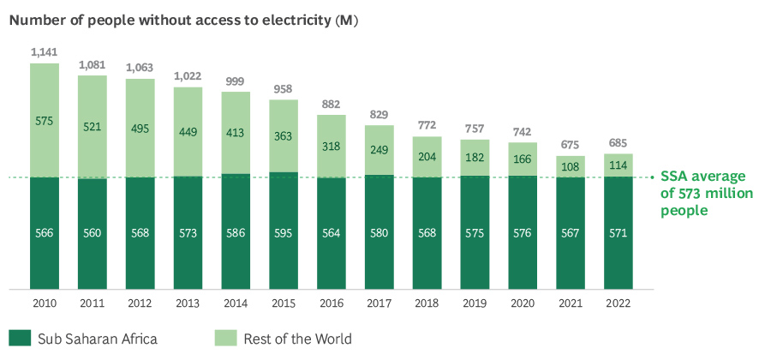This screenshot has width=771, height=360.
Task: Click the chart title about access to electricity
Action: (x=183, y=20)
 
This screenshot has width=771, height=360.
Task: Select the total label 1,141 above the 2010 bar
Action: (x=44, y=52)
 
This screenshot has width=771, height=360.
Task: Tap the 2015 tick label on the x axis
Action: (x=284, y=303)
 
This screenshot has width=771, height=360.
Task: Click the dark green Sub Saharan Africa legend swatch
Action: (x=20, y=338)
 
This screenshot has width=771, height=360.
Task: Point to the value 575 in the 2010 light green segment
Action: (x=45, y=121)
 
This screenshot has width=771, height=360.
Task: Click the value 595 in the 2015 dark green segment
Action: (x=284, y=233)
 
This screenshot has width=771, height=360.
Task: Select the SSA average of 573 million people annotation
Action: (x=706, y=194)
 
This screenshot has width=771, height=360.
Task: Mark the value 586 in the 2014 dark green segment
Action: (x=236, y=233)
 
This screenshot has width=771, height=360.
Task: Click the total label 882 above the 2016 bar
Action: (x=332, y=104)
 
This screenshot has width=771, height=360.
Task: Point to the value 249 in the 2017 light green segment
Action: (x=380, y=151)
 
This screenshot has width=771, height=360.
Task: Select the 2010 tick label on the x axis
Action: (x=45, y=303)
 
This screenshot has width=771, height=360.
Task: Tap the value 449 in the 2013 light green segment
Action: (x=188, y=132)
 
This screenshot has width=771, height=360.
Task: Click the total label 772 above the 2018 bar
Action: (x=427, y=125)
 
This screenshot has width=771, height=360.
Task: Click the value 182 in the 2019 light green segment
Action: (x=475, y=159)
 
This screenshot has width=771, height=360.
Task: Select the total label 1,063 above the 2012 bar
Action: (x=140, y=68)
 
